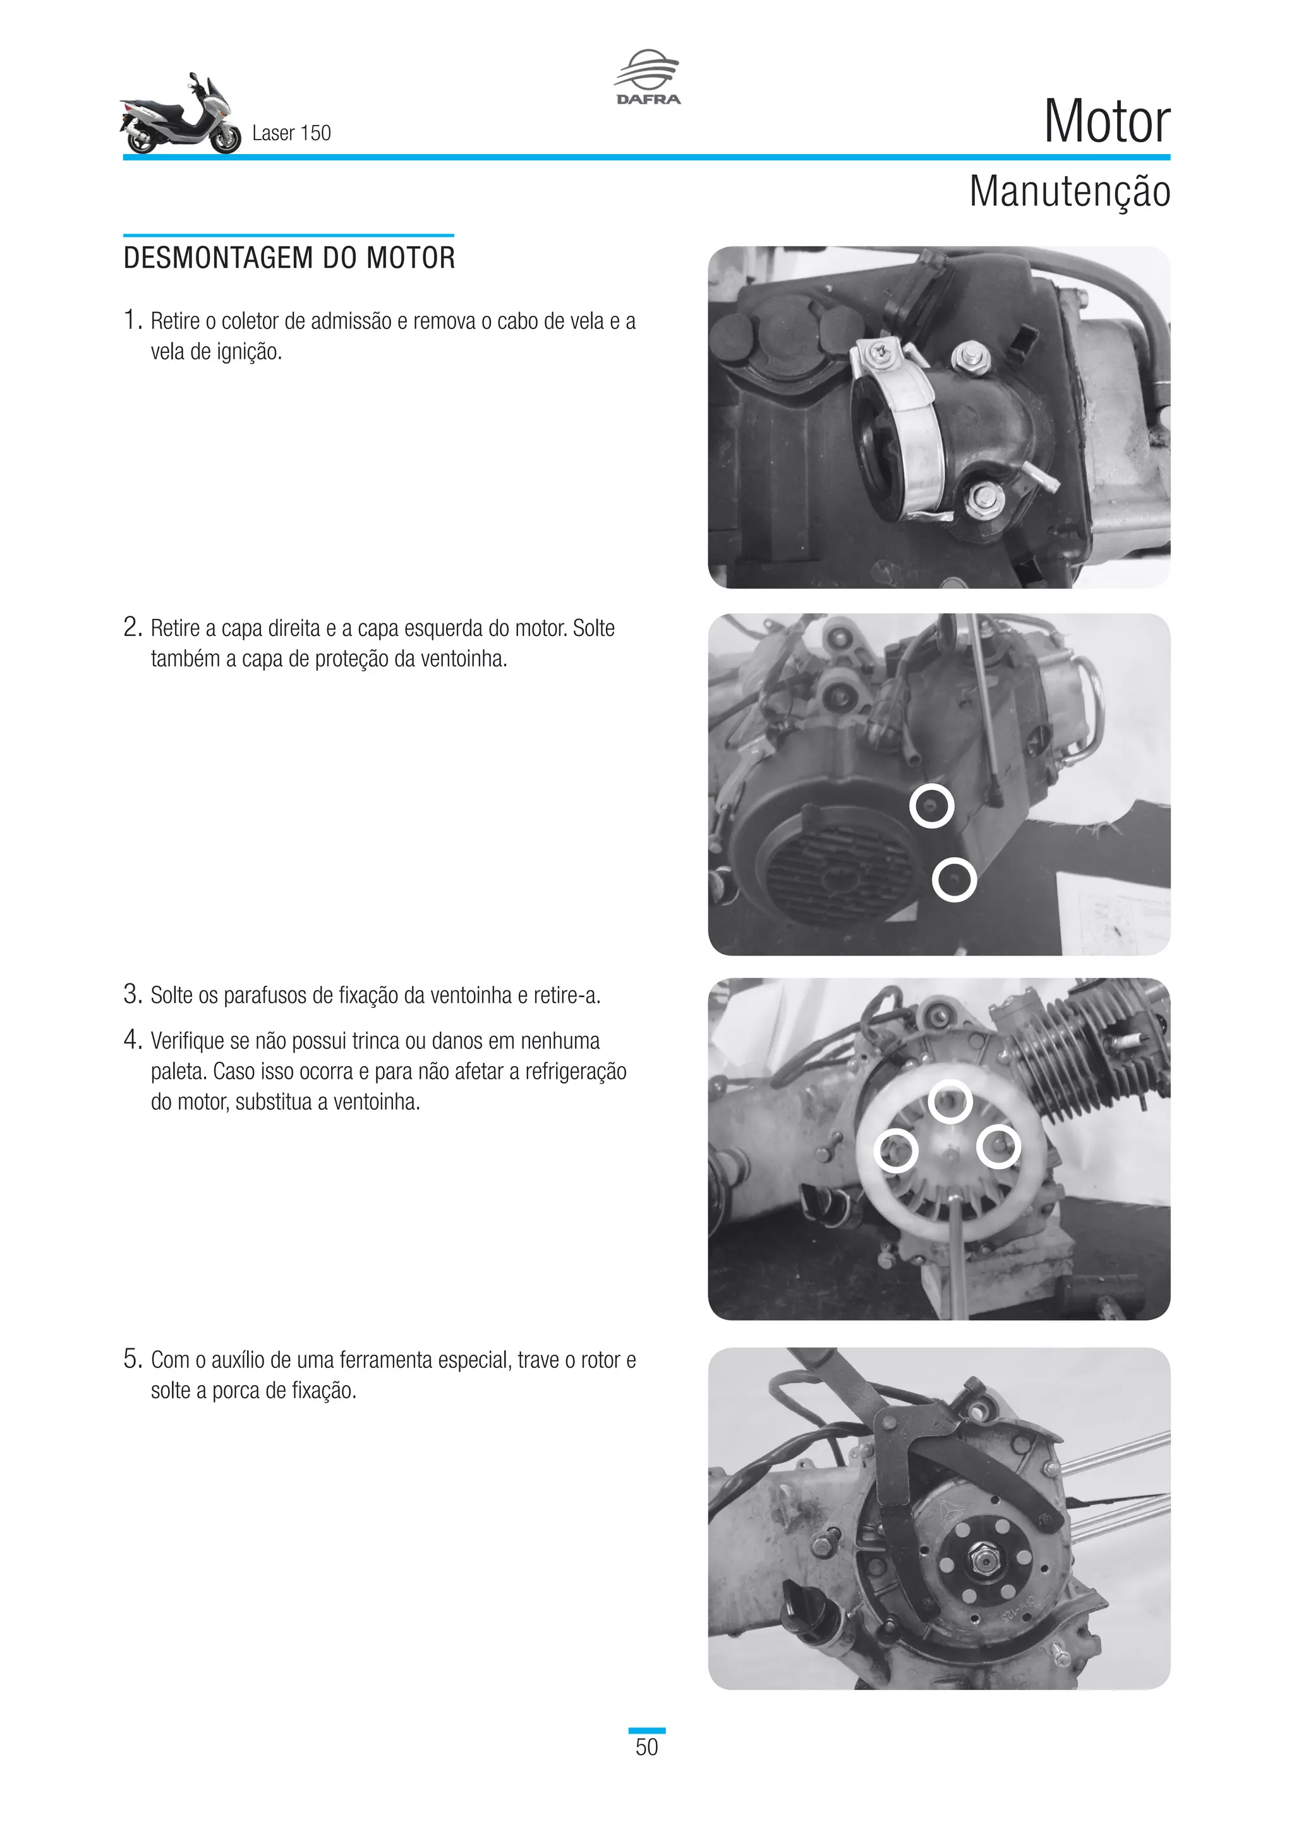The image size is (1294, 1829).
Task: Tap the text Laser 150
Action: (x=291, y=133)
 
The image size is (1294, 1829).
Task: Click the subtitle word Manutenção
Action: (x=1068, y=191)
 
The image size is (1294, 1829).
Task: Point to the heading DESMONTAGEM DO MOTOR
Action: (x=289, y=258)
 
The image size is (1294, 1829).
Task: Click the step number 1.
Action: (x=131, y=320)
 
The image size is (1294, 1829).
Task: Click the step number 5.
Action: (x=131, y=1359)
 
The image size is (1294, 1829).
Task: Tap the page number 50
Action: (x=646, y=1747)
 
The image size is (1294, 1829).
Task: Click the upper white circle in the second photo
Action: (x=931, y=805)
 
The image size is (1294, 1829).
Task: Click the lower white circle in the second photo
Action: (x=954, y=880)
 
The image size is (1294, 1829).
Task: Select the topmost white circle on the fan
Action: (x=950, y=1101)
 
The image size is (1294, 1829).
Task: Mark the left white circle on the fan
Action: (x=897, y=1150)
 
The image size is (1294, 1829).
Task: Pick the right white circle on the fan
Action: (x=998, y=1146)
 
